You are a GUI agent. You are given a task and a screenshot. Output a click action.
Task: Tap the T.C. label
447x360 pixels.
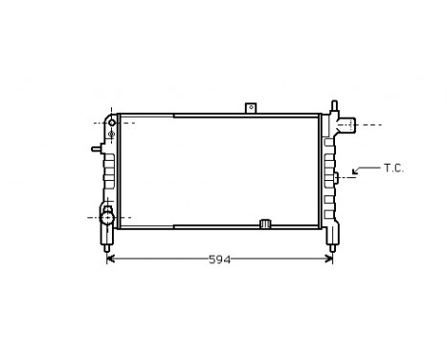click(x=394, y=169)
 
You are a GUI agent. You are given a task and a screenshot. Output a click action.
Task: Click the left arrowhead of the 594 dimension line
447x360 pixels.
click(x=110, y=259)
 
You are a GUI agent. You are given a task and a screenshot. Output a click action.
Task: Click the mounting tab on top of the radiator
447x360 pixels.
click(x=252, y=108)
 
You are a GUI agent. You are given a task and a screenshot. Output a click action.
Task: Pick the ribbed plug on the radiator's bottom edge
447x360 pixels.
click(x=266, y=224)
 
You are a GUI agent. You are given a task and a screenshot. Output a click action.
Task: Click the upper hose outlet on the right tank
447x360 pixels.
click(x=346, y=124)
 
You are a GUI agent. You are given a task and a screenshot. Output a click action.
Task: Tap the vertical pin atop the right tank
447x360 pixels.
click(x=334, y=105)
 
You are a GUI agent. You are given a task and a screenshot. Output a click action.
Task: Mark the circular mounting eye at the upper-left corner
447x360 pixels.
click(x=113, y=123)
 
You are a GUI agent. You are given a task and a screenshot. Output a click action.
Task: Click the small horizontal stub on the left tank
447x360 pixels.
click(x=97, y=148)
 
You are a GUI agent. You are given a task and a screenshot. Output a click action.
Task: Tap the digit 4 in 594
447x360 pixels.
click(x=226, y=259)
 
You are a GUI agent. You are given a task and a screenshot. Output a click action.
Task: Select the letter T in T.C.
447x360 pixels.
click(x=388, y=169)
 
